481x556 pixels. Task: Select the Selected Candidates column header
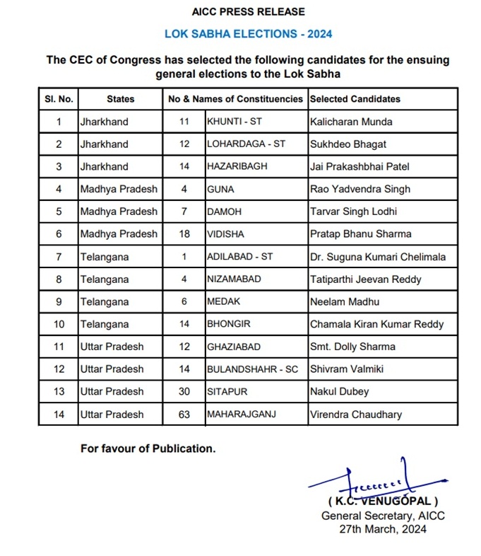point(355,99)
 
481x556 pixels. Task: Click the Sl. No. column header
point(59,99)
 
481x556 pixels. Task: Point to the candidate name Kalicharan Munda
point(351,122)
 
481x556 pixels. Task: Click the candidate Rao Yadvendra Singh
point(360,190)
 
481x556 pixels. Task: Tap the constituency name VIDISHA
point(225,234)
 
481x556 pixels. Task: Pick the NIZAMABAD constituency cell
point(233,279)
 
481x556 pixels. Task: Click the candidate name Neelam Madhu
point(345,302)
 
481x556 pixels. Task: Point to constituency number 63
point(184,415)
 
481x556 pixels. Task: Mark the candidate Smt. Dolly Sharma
point(352,347)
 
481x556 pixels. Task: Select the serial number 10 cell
point(59,324)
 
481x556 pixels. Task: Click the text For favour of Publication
point(148,448)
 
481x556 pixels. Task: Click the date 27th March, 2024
point(383,528)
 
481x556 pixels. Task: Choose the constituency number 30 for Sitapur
point(184,392)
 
